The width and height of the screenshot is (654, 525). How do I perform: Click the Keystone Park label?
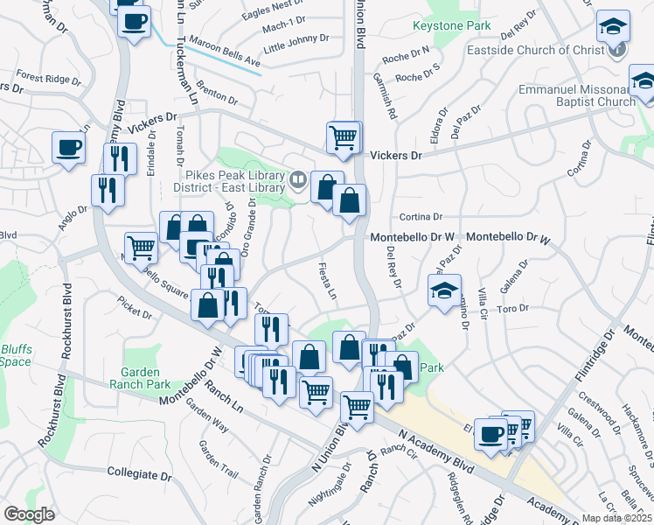pos(450,25)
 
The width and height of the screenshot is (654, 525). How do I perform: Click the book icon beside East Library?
pos(299,181)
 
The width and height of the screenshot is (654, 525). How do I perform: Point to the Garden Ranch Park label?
pos(140,378)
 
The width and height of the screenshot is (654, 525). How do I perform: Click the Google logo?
pos(29,514)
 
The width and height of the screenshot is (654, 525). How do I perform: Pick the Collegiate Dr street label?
pos(139,473)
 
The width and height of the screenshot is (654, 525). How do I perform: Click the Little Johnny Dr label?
pos(296,38)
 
